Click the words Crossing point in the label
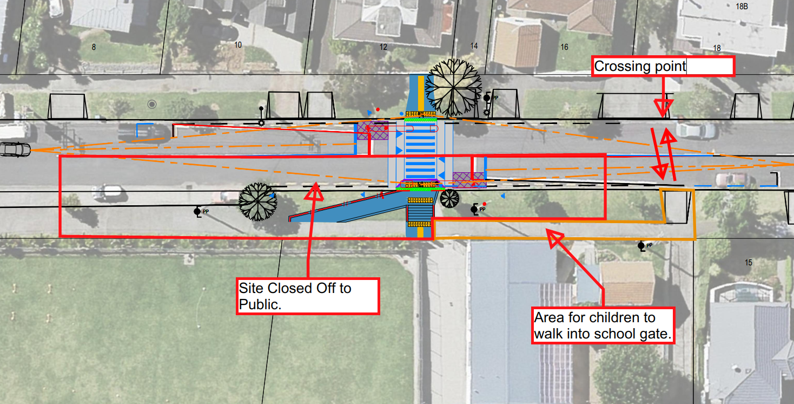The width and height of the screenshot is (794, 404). [640, 67]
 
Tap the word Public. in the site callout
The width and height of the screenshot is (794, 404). [260, 304]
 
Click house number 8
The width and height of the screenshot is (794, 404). [94, 47]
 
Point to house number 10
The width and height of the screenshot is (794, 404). [238, 45]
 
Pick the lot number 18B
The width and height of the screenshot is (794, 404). [727, 6]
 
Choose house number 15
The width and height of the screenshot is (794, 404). [749, 263]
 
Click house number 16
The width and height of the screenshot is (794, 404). [564, 47]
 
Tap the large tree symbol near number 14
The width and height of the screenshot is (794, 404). [454, 87]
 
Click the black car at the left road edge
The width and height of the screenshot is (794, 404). [15, 149]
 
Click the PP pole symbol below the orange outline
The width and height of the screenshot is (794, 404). [642, 246]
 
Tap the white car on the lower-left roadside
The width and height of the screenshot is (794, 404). [107, 191]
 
